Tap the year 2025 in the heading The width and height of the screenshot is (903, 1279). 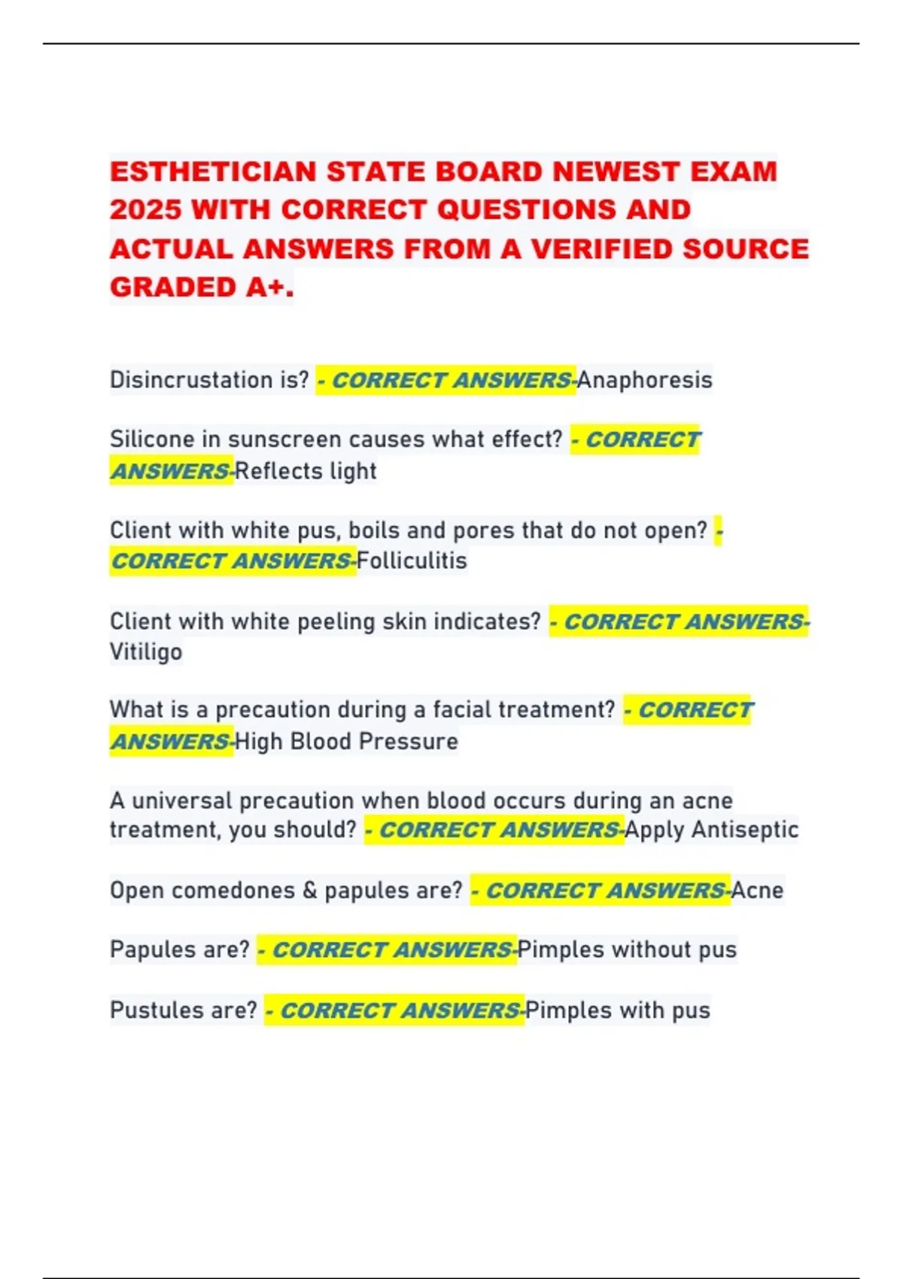144,210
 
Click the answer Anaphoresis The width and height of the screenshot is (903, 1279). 644,380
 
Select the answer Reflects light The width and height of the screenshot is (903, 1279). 306,471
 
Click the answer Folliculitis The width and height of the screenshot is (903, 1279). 412,561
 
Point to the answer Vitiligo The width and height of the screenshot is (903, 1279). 146,652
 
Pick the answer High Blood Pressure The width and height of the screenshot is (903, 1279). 346,741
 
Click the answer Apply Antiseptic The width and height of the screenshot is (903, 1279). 711,830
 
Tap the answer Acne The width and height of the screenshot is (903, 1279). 757,890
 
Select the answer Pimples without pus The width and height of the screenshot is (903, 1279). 627,949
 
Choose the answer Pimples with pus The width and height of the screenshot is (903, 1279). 617,1010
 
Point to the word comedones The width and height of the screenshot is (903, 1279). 233,890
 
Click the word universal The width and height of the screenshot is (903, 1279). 182,800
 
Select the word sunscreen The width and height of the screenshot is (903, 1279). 283,439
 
